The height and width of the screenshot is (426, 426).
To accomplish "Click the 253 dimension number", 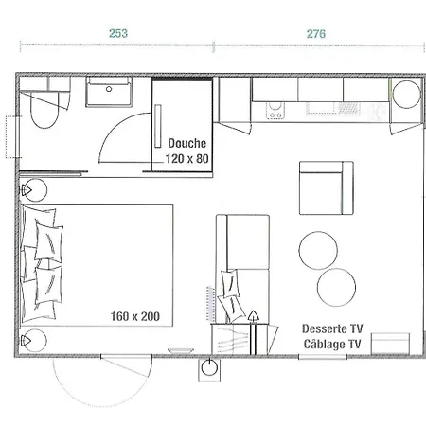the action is pos(118,33).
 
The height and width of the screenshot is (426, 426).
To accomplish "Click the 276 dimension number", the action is pos(316,34).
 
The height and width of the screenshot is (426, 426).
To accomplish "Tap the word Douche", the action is pos(187,143).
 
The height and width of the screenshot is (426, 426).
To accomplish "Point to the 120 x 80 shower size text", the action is pos(187,158).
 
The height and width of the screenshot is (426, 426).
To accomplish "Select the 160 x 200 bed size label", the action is pos(135,316).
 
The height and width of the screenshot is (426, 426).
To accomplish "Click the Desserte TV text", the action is pos(332,328).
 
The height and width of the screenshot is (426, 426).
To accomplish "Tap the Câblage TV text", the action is pos(332,344).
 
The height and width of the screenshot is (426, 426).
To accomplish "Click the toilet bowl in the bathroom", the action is pos(44,110).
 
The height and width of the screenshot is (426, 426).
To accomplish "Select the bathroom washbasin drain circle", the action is pos(109,89).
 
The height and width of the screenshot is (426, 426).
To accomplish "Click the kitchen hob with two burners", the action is pos(275,112).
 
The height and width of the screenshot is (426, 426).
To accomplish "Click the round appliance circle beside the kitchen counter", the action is pos(407,95).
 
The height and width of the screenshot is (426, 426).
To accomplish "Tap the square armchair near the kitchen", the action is pos(327,188).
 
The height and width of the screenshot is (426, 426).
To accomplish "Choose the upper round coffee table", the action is pos(318,250).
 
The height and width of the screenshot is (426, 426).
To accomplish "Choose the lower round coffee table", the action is pos(336,287).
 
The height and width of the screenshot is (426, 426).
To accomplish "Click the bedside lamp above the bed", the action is pos(34,190).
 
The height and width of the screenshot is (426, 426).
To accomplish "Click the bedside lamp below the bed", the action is pos(34,341).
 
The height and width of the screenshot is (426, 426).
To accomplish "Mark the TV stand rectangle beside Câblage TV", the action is pos(390,344).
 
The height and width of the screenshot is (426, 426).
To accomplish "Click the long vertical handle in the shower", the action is pos(158,126).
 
